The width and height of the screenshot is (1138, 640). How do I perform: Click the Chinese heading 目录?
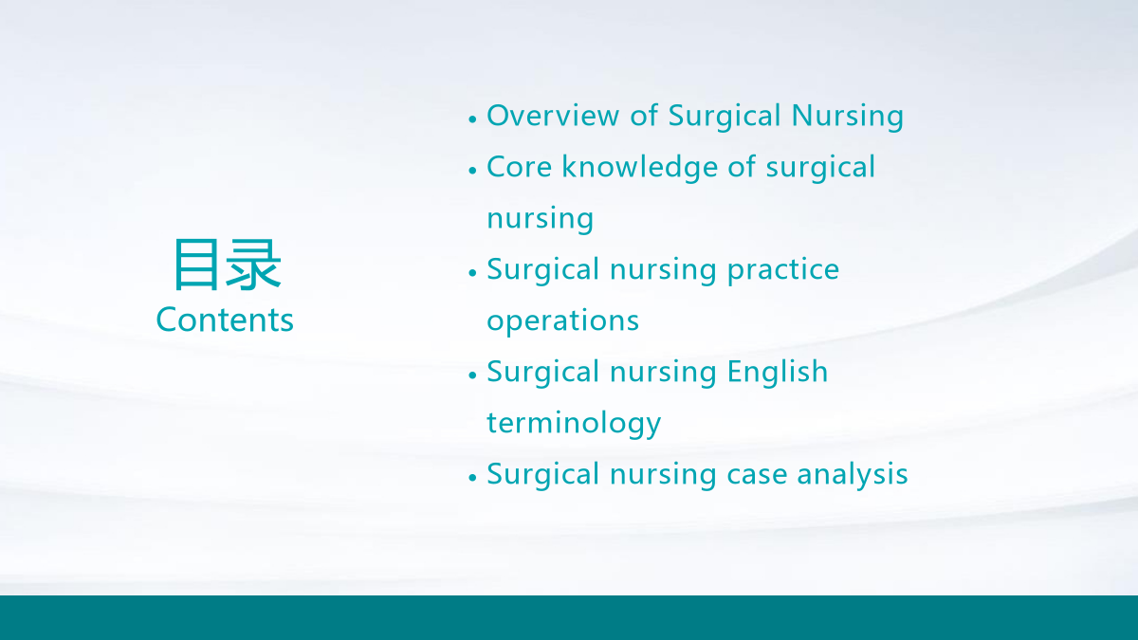[227, 265]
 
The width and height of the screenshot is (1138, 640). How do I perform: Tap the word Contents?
[225, 320]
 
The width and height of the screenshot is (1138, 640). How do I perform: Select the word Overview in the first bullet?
[553, 116]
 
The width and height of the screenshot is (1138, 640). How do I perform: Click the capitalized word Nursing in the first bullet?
[848, 117]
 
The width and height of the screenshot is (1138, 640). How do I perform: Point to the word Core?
[520, 167]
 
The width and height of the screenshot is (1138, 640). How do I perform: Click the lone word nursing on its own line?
[540, 219]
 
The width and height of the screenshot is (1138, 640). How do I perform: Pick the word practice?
[783, 270]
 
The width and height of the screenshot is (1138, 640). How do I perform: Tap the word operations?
[563, 321]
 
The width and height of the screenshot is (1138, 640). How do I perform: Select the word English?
[778, 372]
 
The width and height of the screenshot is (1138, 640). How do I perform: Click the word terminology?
[574, 424]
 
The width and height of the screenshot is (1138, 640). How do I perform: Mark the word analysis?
[852, 475]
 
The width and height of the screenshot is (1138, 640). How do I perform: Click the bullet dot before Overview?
[472, 119]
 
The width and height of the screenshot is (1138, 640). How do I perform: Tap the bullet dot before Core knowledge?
[472, 171]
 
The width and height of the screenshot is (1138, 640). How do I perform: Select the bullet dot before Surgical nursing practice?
[472, 273]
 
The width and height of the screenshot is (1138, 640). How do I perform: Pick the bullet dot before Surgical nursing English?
[472, 375]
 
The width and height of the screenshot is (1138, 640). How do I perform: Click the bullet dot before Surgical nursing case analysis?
[472, 478]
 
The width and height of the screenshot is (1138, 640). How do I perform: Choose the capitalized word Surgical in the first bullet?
[724, 117]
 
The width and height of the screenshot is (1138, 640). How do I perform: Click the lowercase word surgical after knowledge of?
[820, 168]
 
